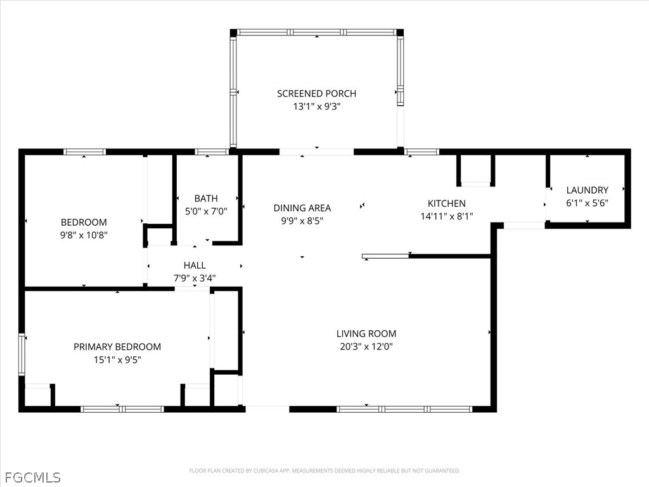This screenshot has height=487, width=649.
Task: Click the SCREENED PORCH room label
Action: click(x=317, y=94)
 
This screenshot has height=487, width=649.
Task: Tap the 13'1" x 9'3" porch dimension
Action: click(x=317, y=107)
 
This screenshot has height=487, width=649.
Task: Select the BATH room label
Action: click(x=206, y=198)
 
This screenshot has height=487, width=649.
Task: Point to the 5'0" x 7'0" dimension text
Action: click(x=206, y=211)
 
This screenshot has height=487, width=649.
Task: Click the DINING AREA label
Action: click(x=302, y=208)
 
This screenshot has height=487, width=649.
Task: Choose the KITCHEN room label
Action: click(x=447, y=204)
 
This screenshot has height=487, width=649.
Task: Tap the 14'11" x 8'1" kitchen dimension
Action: click(x=447, y=216)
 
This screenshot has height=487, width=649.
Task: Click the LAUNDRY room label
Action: click(x=588, y=190)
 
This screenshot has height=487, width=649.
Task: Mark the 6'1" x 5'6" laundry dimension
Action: click(x=588, y=203)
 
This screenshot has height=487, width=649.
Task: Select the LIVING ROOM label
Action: click(x=366, y=334)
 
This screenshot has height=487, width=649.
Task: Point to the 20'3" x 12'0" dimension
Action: click(x=366, y=346)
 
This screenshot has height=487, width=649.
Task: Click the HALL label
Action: click(x=195, y=265)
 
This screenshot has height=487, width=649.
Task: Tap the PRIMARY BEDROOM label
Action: click(x=117, y=347)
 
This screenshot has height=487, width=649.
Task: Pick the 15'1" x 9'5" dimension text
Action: click(x=117, y=360)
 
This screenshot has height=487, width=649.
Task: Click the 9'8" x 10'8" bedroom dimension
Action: click(x=84, y=235)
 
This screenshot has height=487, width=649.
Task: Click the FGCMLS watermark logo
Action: click(x=33, y=477)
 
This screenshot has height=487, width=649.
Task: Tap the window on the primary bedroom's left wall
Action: click(x=22, y=354)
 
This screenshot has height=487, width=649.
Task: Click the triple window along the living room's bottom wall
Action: click(x=404, y=409)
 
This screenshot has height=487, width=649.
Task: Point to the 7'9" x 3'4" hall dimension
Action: click(x=195, y=278)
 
